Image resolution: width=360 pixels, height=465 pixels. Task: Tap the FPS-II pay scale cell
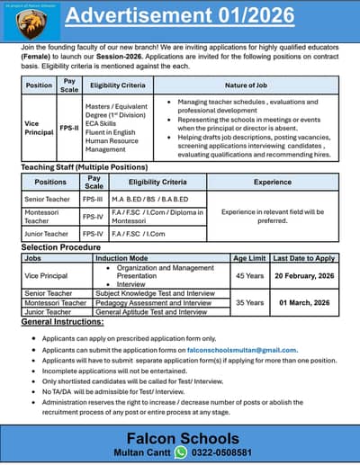click(x=69, y=129)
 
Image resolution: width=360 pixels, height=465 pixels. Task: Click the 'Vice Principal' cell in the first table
click(x=39, y=129)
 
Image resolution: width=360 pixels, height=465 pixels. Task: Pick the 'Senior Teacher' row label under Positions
click(x=46, y=198)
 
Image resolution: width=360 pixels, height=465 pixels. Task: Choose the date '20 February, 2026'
click(x=303, y=276)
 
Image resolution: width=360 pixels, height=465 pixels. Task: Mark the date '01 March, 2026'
click(x=303, y=303)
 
